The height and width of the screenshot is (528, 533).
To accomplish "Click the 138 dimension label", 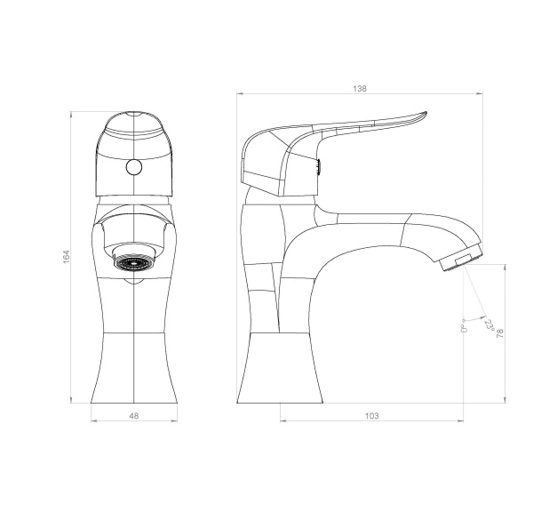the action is (x=360, y=89).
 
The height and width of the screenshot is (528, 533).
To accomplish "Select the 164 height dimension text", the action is (x=67, y=257).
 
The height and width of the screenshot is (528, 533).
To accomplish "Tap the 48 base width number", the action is (x=134, y=416).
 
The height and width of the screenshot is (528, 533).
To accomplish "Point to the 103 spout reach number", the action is (x=371, y=416).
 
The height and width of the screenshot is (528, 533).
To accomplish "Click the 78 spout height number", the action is (x=499, y=333).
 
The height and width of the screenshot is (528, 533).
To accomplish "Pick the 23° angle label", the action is (x=489, y=325).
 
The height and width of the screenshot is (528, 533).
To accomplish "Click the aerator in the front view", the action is (x=133, y=262).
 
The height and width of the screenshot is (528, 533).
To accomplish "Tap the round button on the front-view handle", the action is (x=133, y=167).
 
